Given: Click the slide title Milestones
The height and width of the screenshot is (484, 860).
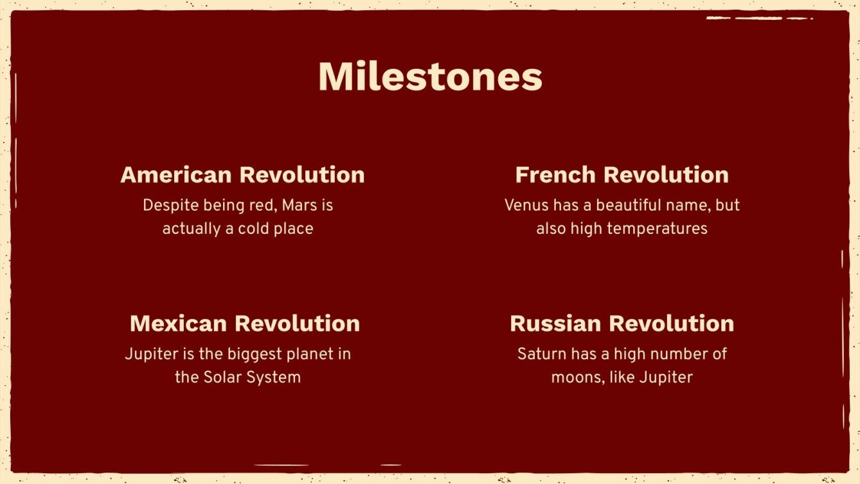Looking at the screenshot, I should click(430, 77).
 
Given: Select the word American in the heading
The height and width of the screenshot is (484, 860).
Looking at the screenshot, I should click(176, 175).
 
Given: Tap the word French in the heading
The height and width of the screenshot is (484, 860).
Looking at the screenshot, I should click(556, 175).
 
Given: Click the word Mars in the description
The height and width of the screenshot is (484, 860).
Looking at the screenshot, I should click(301, 206).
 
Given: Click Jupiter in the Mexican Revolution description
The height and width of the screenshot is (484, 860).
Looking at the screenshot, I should click(149, 354).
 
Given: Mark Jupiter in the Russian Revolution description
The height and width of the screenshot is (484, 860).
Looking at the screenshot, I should click(666, 377).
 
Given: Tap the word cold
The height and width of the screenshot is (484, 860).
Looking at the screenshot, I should click(253, 229).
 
